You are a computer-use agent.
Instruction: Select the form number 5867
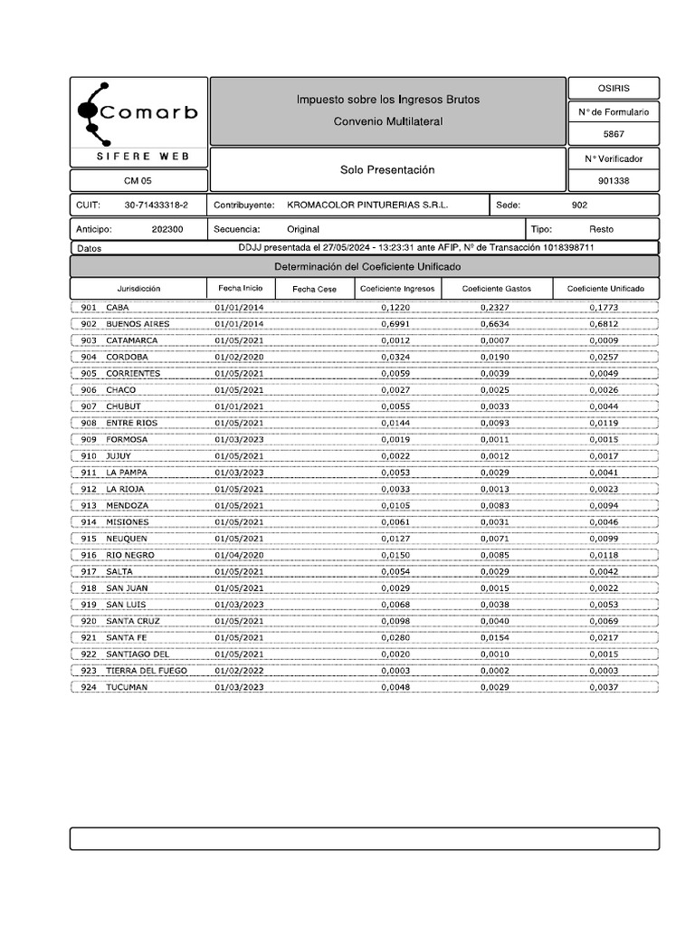(614, 134)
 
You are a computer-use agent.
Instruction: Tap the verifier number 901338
(614, 180)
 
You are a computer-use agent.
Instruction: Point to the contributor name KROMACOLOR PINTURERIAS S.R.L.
(367, 205)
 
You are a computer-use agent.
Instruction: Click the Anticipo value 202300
(167, 229)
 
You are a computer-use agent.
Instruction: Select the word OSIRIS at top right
(614, 88)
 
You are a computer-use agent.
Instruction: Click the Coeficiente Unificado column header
(605, 289)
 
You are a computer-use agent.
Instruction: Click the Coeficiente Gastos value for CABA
(495, 308)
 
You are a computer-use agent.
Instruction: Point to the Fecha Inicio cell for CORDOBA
(239, 358)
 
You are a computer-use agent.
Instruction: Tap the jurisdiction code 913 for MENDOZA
(89, 506)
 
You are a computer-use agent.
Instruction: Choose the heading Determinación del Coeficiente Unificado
(367, 267)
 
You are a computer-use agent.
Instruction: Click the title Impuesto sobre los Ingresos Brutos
(388, 99)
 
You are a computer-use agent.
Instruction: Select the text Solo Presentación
(387, 170)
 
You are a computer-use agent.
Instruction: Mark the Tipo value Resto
(601, 229)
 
